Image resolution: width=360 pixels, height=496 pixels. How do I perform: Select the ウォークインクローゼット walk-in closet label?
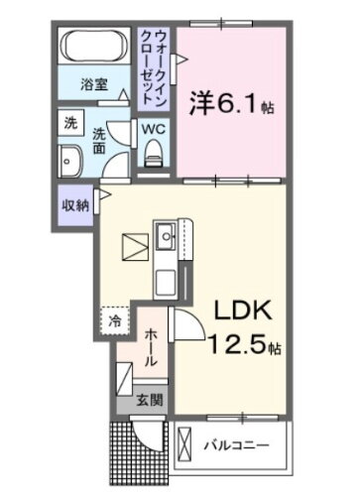point(156,61)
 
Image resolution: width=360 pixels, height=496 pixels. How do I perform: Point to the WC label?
point(155,128)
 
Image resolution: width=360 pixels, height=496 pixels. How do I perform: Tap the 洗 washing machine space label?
point(70,124)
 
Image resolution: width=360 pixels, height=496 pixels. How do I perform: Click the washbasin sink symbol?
point(72,162)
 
